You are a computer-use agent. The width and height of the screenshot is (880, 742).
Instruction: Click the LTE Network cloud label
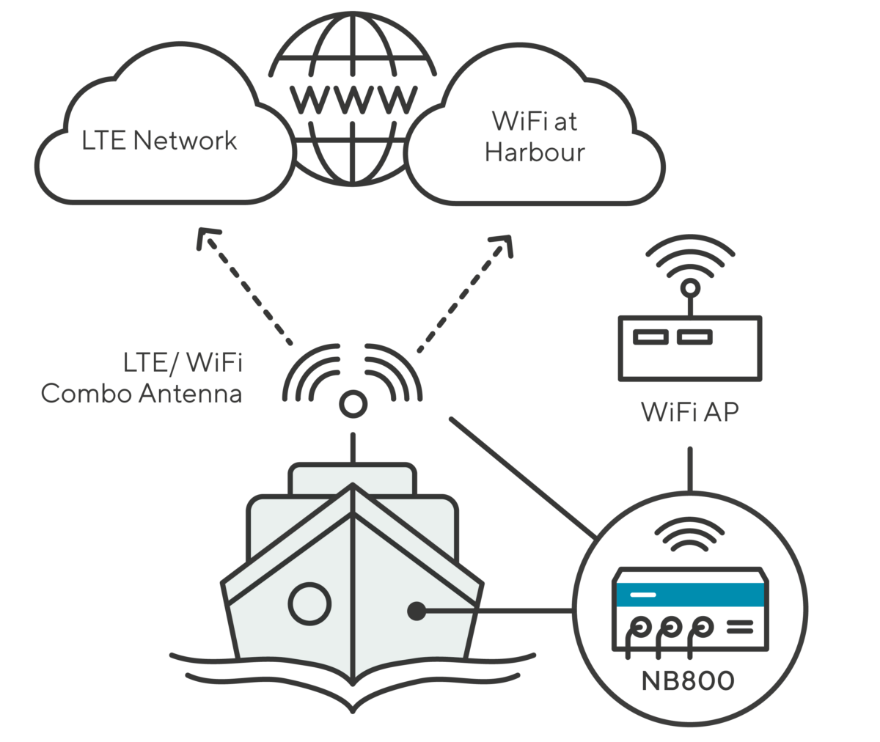pos(159,140)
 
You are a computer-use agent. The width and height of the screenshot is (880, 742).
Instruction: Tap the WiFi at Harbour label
pos(535,136)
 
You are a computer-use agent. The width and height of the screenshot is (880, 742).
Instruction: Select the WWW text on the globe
pos(353,98)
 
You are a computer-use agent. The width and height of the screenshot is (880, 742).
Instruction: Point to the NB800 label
pos(687,681)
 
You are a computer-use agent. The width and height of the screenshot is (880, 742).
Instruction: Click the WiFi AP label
pos(690,411)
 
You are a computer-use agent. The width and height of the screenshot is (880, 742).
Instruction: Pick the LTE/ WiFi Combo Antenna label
pos(142,378)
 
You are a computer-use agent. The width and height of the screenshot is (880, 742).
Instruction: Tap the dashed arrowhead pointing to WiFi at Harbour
pos(503,243)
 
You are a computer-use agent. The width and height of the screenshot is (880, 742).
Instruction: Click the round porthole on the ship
pos(309,604)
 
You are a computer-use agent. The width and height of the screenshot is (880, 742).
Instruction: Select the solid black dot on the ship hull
pos(417,610)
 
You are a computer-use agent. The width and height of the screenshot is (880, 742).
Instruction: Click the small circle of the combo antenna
pos(353,404)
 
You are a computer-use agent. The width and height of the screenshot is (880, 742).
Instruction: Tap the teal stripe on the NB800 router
pos(690,594)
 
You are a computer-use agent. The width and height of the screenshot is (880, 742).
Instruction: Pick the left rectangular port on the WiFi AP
pos(650,337)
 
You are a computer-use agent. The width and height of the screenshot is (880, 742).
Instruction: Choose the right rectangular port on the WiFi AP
pos(694,337)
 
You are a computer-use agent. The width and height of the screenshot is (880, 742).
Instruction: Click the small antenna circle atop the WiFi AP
pos(689,288)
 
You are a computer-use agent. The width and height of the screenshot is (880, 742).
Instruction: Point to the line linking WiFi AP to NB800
pos(689,469)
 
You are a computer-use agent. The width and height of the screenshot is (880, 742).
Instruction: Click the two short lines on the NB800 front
pos(739,627)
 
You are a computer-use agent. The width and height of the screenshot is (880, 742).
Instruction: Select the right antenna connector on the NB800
pos(703,627)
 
